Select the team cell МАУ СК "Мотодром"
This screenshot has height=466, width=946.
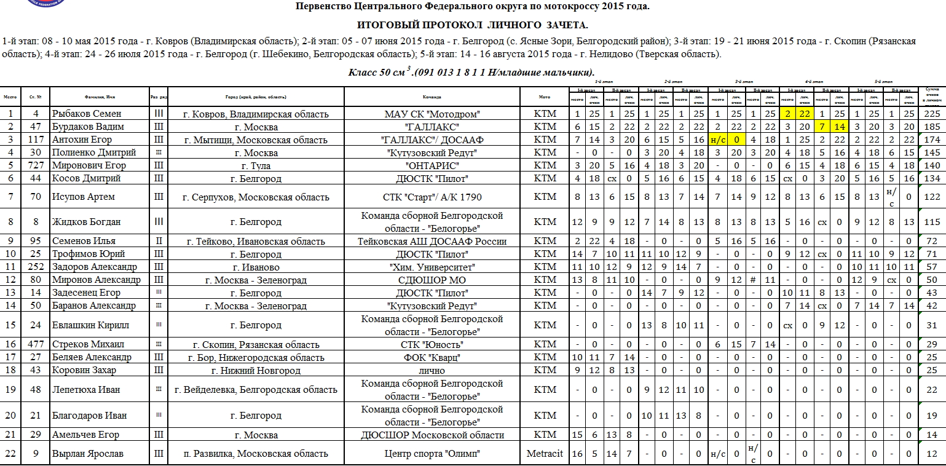pos(432,114)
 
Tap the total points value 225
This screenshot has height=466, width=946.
pos(932,114)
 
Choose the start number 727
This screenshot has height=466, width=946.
pos(36,166)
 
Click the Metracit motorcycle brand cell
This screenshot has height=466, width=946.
pos(545,454)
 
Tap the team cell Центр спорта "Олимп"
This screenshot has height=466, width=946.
pos(432,454)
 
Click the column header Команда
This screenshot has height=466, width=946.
pos(432,97)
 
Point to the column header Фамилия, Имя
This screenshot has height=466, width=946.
pos(100,97)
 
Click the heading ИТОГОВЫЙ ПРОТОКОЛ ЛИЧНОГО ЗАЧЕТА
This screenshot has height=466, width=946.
pos(472,25)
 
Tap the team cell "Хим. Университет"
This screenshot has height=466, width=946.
pos(432,267)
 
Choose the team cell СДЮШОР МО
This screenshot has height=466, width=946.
pos(432,280)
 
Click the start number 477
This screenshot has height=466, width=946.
pos(36,344)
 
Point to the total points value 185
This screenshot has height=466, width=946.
pos(932,127)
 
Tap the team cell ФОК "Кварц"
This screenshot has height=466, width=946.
pos(432,357)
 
